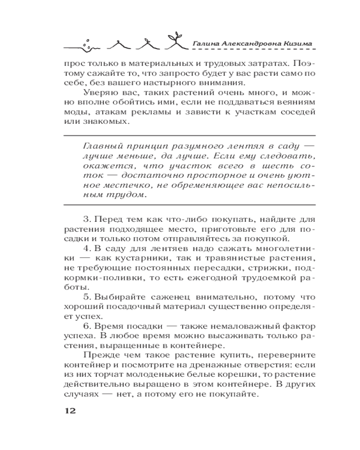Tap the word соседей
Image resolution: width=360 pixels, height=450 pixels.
[295, 113]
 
